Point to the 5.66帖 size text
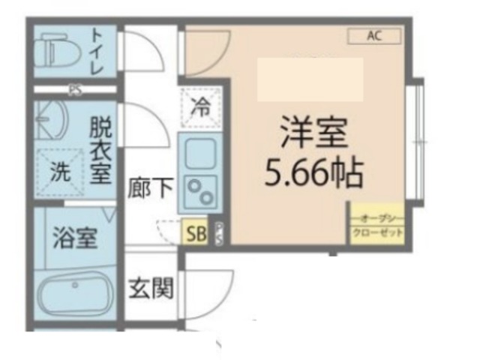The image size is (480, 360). pos(313,174)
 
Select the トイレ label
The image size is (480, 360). pos(97,49)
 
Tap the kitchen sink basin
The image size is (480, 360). pos(199,152)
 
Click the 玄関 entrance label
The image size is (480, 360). pos(151,288)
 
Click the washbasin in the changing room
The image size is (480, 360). pos(49,120)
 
